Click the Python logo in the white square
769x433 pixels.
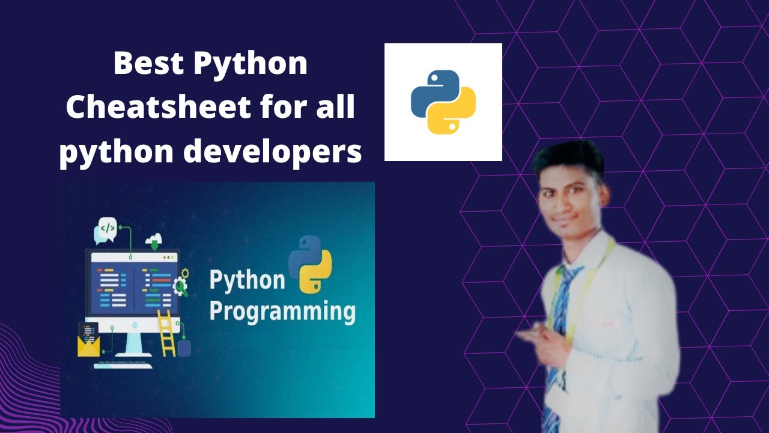(443, 102)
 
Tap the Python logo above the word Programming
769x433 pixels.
(310, 264)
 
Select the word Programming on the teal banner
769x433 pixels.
(282, 313)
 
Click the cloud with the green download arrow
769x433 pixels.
(154, 240)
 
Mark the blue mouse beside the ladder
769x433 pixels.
(184, 348)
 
